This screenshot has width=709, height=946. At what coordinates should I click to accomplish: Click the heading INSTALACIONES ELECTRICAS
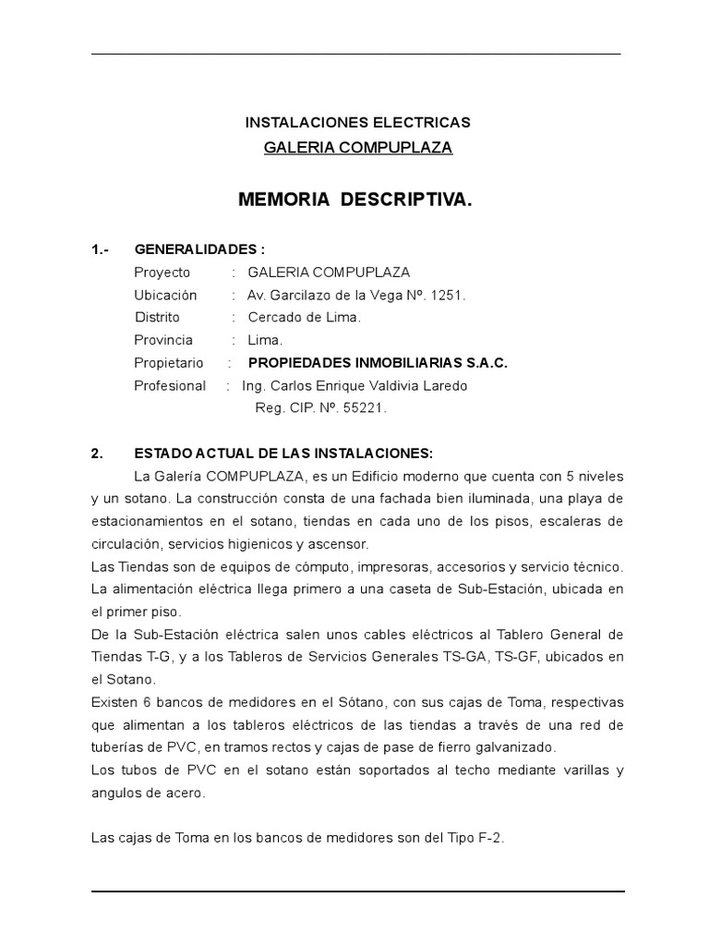(x=357, y=122)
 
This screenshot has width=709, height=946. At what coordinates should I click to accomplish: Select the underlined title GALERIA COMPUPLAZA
(x=357, y=148)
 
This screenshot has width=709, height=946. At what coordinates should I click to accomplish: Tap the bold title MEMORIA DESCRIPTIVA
(x=355, y=199)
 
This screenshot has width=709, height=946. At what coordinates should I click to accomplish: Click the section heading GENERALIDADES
(x=199, y=249)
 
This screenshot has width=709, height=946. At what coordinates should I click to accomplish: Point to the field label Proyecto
(x=162, y=273)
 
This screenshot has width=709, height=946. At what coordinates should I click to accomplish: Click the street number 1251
(x=449, y=296)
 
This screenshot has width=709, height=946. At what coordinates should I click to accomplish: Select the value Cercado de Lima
(x=304, y=318)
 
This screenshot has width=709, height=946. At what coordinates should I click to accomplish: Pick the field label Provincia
(x=163, y=340)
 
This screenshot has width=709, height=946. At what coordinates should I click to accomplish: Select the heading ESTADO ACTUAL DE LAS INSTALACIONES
(x=283, y=454)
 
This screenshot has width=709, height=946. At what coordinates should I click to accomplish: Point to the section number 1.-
(x=101, y=249)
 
